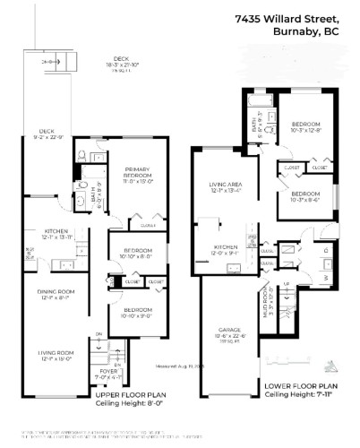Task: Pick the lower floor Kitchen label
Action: pos(223,250)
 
